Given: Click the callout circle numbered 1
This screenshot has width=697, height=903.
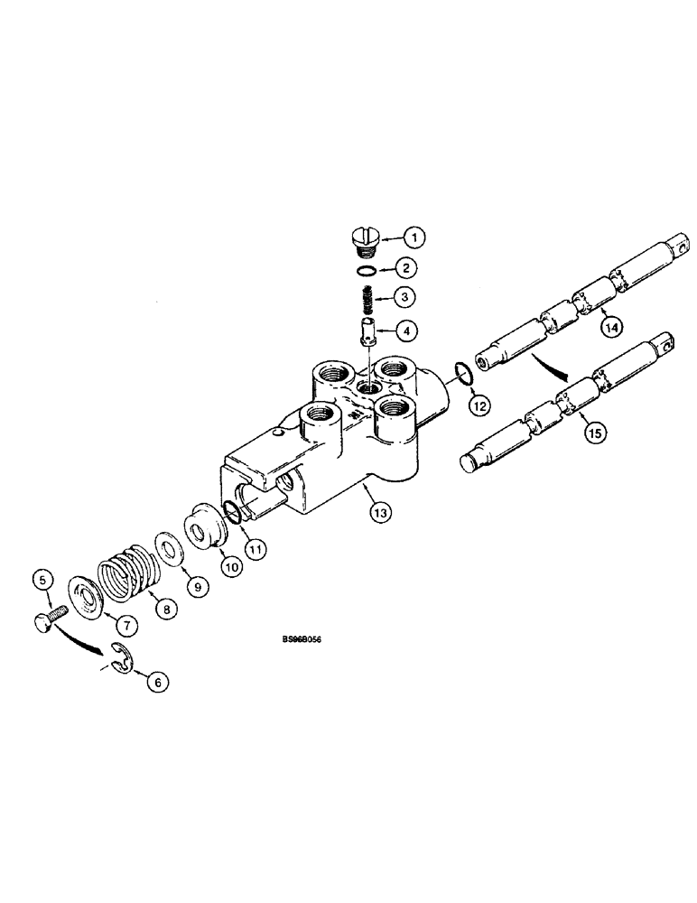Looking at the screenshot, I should pos(414,238).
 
